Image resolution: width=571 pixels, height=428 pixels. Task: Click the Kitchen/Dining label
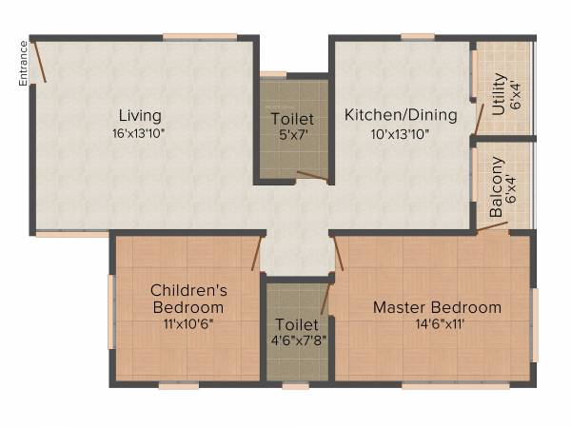[401, 116]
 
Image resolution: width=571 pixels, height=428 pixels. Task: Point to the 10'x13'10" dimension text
[401, 133]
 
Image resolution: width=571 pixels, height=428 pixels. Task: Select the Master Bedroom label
[437, 307]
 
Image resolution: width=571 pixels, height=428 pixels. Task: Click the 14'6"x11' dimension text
[437, 323]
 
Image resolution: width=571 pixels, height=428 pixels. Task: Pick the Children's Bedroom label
[188, 299]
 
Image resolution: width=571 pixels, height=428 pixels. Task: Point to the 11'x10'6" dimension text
[188, 323]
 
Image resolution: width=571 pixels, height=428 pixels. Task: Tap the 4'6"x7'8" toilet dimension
[297, 340]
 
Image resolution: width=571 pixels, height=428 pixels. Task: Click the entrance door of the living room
[39, 61]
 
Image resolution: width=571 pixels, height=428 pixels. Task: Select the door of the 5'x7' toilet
[312, 176]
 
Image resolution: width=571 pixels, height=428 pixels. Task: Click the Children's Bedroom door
[257, 255]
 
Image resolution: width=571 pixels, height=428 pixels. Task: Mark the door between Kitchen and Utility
[480, 117]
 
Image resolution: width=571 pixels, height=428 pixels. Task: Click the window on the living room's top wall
[199, 37]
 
